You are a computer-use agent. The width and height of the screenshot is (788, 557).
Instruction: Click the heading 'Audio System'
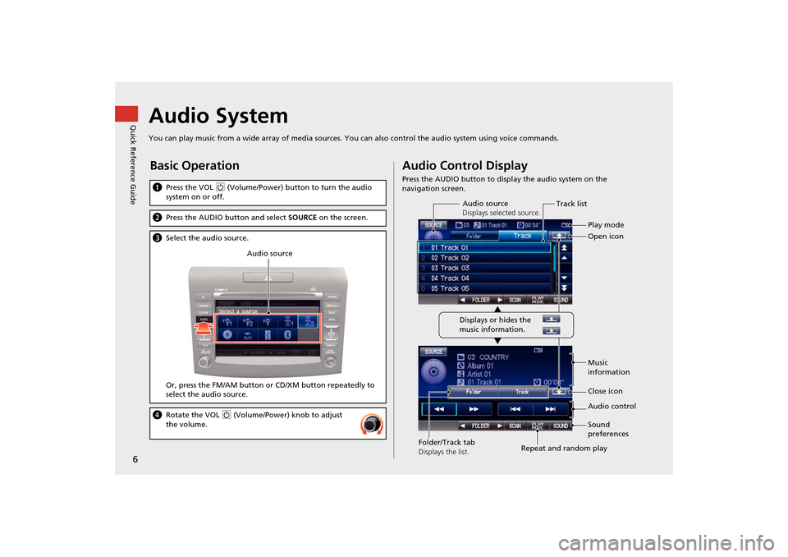point(218,117)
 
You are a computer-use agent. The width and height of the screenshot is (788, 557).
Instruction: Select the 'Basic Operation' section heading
point(194,166)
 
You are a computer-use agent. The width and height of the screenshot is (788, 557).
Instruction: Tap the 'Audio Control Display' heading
point(465,166)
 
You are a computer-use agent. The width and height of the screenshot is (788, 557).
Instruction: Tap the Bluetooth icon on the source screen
point(287,336)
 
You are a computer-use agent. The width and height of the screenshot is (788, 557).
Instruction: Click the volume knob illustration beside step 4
point(373,424)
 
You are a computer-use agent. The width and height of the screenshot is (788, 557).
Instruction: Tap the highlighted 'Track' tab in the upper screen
point(522,236)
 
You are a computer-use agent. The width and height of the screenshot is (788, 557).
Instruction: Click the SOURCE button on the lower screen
point(434,352)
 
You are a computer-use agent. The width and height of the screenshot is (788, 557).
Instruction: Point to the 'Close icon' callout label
point(605,392)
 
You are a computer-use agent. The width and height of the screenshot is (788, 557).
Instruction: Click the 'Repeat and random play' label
point(564,449)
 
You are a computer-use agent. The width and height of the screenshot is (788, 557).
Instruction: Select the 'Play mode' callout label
point(606,224)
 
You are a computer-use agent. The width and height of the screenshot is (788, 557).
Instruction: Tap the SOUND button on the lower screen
point(560,426)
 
